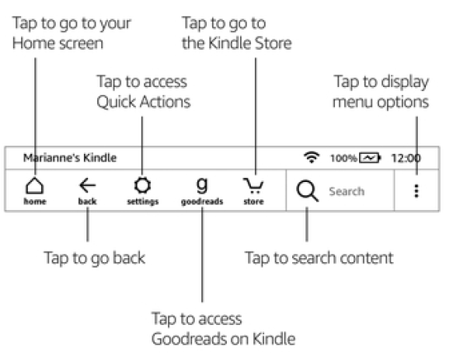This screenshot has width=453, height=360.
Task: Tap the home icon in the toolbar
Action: pos(35,185)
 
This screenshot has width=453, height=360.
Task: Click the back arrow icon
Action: pos(87,185)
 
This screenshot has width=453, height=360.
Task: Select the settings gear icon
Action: pos(142,185)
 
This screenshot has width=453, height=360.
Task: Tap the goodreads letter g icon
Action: pos(202,184)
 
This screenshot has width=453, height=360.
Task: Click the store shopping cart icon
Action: pos(253,186)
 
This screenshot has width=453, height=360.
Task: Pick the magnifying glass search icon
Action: pos(307,190)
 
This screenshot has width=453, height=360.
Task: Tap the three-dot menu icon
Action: pos(416,190)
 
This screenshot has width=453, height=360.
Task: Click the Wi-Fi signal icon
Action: pos(312,157)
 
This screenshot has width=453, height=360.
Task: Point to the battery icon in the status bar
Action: pos(370,158)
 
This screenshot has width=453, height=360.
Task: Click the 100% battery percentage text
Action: pos(343,158)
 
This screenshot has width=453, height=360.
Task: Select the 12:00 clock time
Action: pos(406,158)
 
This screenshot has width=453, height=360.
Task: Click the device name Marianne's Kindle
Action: pos(70,158)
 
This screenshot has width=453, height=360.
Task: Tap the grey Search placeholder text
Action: pos(347,191)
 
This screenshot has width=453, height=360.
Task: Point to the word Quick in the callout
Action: pos(116,103)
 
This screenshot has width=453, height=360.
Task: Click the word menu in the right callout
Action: pos(353,103)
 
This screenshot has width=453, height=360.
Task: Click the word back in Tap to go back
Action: pos(129,257)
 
